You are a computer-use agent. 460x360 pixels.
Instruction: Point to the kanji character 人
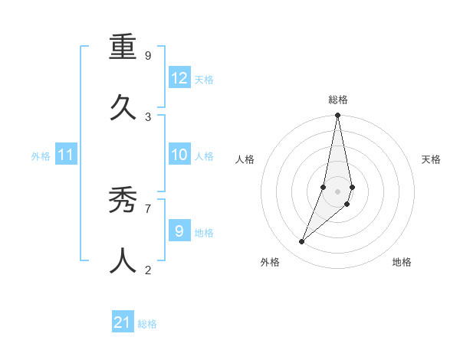[123, 260]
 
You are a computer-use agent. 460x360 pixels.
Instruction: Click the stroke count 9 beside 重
[148, 56]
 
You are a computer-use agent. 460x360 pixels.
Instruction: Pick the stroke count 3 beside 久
[148, 116]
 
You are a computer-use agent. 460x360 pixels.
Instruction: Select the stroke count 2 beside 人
[148, 270]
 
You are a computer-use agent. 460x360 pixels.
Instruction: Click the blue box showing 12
[179, 78]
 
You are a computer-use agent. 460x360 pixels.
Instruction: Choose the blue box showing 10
[179, 155]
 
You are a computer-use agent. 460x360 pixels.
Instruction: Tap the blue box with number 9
[179, 231]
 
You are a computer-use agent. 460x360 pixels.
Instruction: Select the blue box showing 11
[66, 155]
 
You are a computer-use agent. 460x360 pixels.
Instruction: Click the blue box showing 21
[123, 322]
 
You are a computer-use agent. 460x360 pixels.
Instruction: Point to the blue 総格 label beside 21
[147, 324]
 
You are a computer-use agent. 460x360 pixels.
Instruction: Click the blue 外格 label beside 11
[41, 156]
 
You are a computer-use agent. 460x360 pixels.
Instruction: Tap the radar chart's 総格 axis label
[338, 100]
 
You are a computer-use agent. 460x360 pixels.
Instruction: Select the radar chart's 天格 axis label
[431, 159]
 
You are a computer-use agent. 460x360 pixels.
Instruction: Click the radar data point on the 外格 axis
[302, 242]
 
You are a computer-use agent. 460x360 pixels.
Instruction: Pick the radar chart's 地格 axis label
[402, 262]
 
